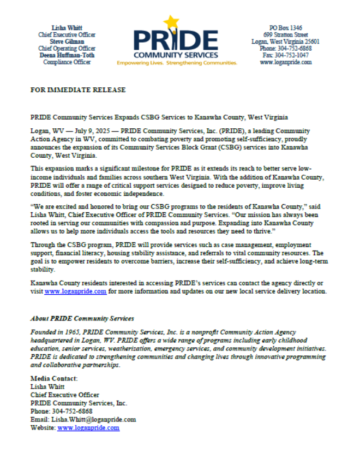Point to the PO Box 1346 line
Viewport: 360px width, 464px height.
285,28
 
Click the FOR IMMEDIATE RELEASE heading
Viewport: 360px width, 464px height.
78,90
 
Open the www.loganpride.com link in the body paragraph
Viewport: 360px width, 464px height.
75,292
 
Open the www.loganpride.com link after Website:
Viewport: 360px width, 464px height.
88,428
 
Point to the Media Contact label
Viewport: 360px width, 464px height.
54,378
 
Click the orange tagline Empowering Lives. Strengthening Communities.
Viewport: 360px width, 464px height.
177,63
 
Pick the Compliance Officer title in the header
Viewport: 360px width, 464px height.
67,62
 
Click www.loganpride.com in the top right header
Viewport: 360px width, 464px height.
285,62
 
